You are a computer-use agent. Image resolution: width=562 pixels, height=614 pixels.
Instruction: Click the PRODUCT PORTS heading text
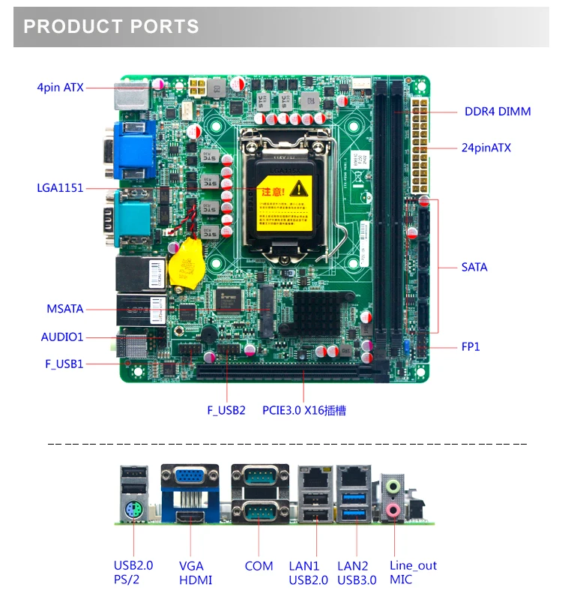(x=111, y=27)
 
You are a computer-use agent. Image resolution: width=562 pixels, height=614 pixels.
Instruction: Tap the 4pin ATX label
(x=60, y=88)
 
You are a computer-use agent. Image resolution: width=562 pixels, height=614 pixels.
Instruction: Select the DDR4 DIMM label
(x=497, y=112)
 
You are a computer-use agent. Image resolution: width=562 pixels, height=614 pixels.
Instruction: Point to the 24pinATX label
(x=486, y=148)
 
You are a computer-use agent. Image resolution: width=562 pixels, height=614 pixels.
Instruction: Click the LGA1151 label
(x=60, y=188)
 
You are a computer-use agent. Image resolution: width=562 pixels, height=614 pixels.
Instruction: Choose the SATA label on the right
(x=474, y=267)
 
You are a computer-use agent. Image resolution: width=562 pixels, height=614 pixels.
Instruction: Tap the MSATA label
(x=65, y=309)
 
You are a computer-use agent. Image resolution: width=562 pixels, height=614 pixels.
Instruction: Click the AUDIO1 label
(x=62, y=337)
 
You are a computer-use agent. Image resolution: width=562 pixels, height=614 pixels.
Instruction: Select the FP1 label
(x=470, y=346)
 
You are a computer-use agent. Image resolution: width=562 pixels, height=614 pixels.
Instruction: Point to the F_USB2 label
(x=226, y=410)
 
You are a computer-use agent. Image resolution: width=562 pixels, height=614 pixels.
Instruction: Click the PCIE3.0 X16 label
(x=303, y=410)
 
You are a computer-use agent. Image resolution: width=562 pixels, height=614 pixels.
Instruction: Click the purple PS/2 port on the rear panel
(x=130, y=511)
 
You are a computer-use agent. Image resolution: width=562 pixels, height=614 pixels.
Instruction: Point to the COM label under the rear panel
(x=259, y=566)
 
